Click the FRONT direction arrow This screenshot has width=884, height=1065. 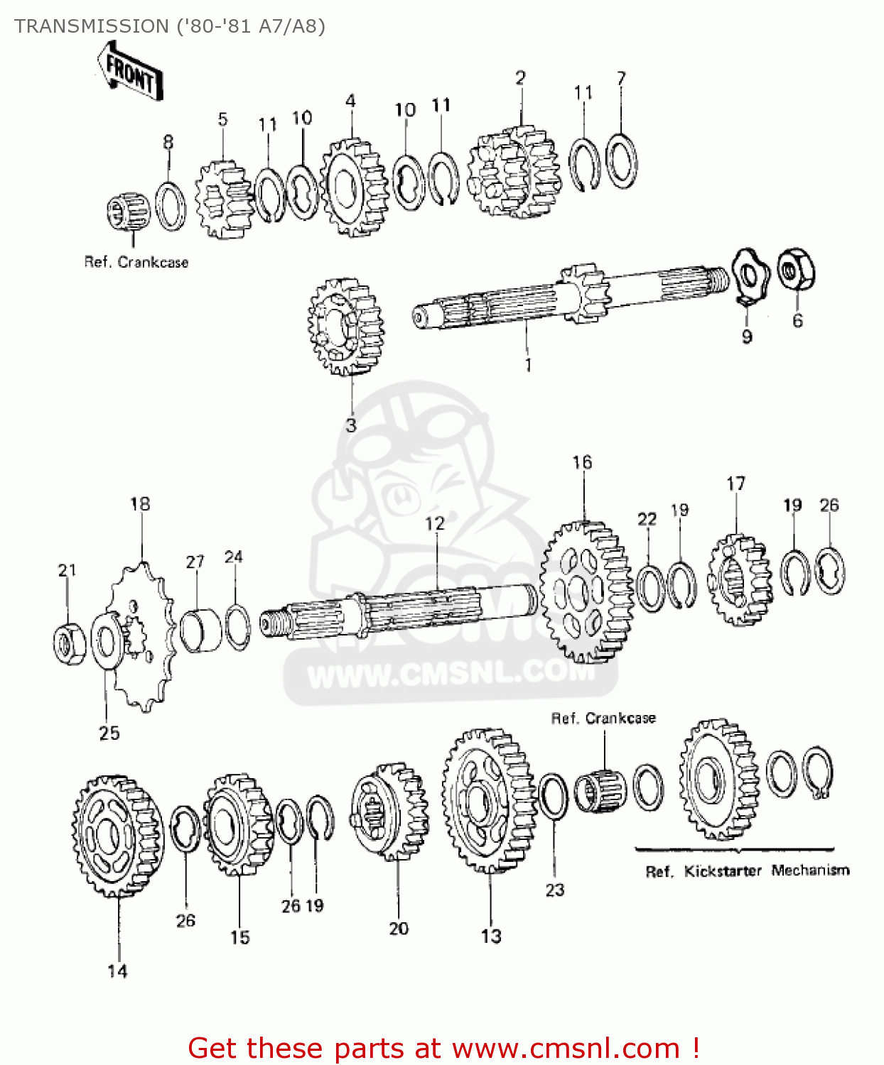click(x=130, y=72)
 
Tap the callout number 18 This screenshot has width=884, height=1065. click(x=140, y=504)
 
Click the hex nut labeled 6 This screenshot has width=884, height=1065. click(x=796, y=270)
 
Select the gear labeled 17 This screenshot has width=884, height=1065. click(x=739, y=579)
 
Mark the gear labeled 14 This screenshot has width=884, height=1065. click(x=117, y=836)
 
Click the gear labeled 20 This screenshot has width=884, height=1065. click(x=389, y=811)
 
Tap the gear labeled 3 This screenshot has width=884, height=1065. click(x=346, y=327)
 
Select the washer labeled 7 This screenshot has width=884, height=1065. click(x=622, y=161)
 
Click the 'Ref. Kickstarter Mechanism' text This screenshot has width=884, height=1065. click(x=747, y=870)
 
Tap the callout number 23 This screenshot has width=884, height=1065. click(x=555, y=890)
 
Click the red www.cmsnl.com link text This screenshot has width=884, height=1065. click(x=566, y=1048)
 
